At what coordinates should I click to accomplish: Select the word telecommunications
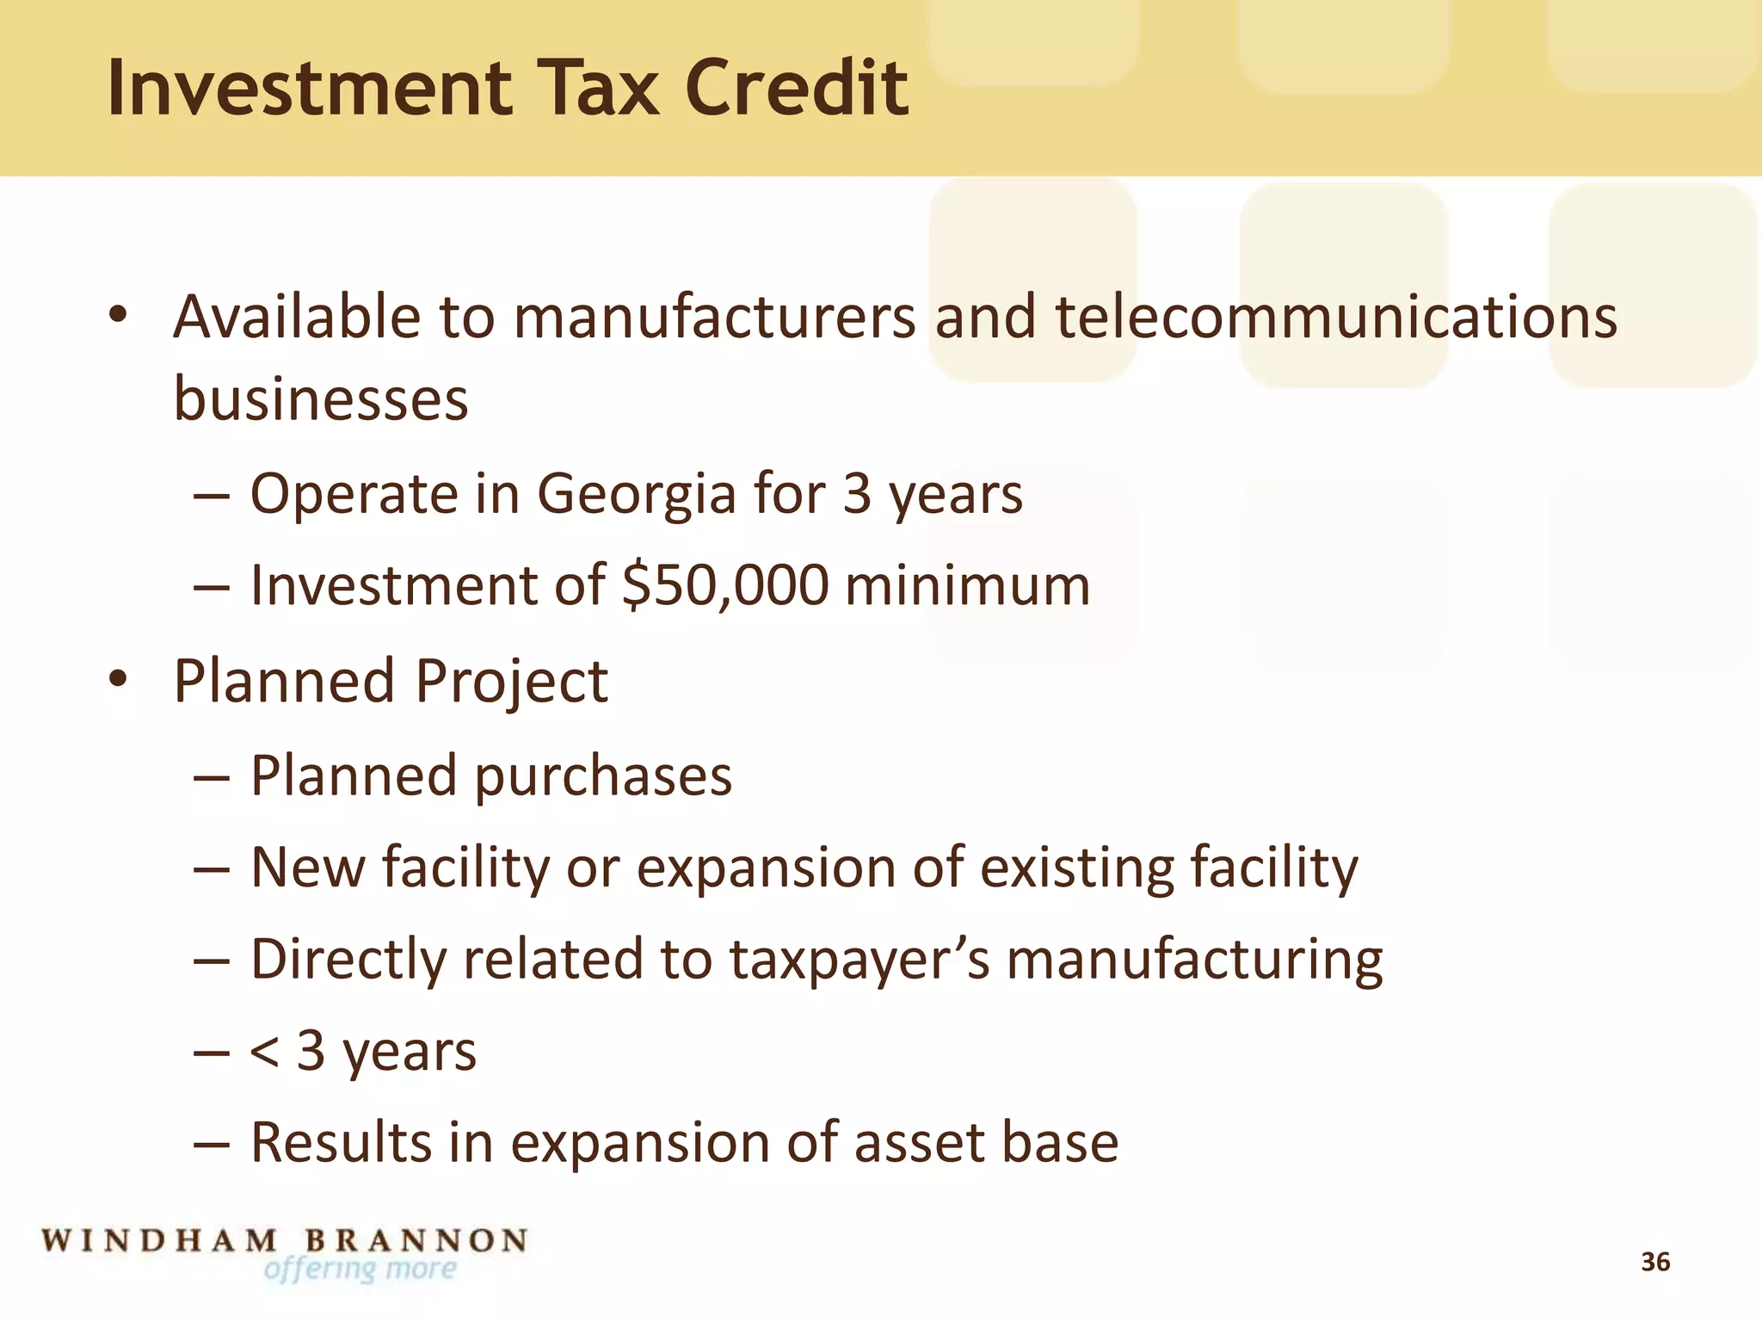tap(1335, 317)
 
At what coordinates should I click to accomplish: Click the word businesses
tap(321, 399)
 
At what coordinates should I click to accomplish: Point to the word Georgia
tap(636, 494)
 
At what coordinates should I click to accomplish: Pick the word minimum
tap(968, 585)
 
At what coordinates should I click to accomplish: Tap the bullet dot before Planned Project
tap(119, 680)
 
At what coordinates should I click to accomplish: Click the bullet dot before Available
tap(119, 315)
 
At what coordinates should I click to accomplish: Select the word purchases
tap(603, 776)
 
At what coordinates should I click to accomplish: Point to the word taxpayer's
tap(859, 959)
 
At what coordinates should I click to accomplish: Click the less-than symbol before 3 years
tap(263, 1052)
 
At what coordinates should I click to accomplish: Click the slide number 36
tap(1655, 1262)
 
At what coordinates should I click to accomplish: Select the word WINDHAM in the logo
tap(160, 1240)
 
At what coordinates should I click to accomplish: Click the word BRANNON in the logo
tap(416, 1240)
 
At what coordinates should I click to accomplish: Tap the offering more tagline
tap(360, 1269)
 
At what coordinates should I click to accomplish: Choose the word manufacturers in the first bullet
tap(715, 317)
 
